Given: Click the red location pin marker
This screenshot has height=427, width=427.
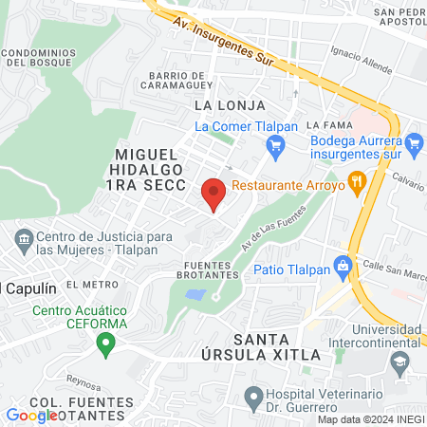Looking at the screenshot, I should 213,194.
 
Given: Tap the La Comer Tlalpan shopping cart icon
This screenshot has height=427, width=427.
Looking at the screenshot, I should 276,144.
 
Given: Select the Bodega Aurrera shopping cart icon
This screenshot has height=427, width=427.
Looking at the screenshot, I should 413,143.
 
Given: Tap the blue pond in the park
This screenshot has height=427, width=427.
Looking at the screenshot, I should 195,295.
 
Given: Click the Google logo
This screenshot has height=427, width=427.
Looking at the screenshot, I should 31,415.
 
